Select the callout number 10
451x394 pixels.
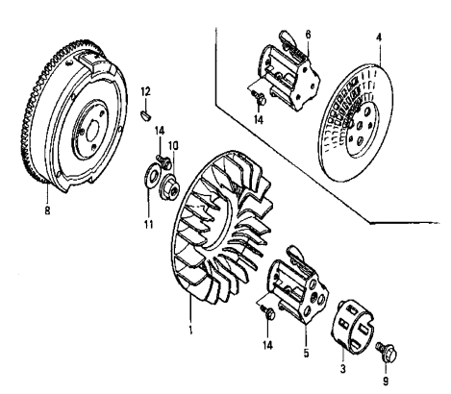click(173, 145)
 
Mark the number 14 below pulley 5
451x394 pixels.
click(268, 341)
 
